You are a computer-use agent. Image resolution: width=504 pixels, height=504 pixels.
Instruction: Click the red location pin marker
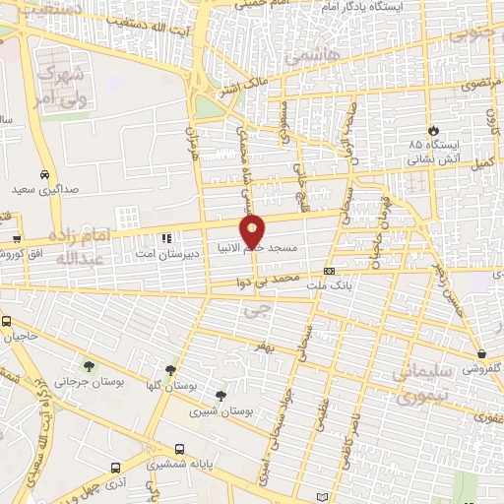(x=254, y=230)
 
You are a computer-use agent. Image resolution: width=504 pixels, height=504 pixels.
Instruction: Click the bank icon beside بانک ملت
(x=329, y=271)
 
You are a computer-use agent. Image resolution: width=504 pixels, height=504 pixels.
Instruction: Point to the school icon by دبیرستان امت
(x=166, y=237)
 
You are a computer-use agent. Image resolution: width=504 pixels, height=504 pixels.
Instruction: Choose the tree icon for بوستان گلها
(x=171, y=370)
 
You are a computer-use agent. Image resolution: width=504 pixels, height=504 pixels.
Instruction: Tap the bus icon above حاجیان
(x=6, y=321)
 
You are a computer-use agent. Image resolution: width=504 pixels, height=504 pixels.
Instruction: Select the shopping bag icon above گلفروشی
(x=480, y=354)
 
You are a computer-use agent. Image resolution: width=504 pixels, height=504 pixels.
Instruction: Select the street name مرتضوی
(x=481, y=85)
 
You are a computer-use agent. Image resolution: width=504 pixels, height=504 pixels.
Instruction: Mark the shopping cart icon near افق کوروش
(x=17, y=238)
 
